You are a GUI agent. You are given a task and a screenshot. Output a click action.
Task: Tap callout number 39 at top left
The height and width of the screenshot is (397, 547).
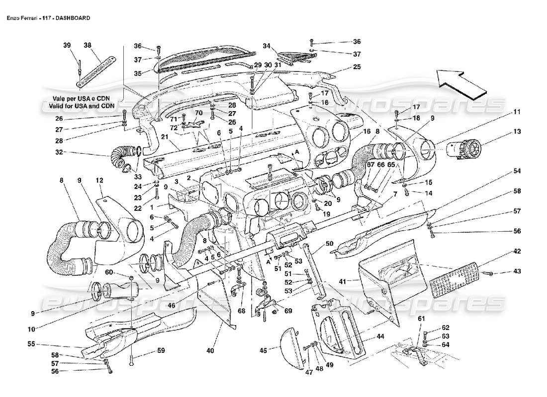67,45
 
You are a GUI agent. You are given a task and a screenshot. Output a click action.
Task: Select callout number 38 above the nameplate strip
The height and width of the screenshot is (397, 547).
88,45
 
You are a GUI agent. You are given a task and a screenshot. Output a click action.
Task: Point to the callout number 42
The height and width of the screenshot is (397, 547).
503,251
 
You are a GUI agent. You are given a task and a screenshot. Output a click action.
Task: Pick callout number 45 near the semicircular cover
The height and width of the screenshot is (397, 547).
263,350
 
